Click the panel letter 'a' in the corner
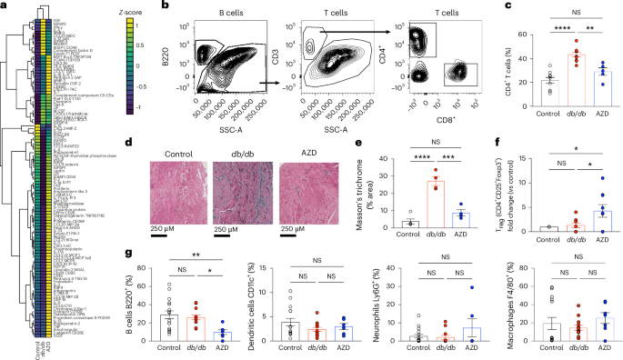pos(5,5)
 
